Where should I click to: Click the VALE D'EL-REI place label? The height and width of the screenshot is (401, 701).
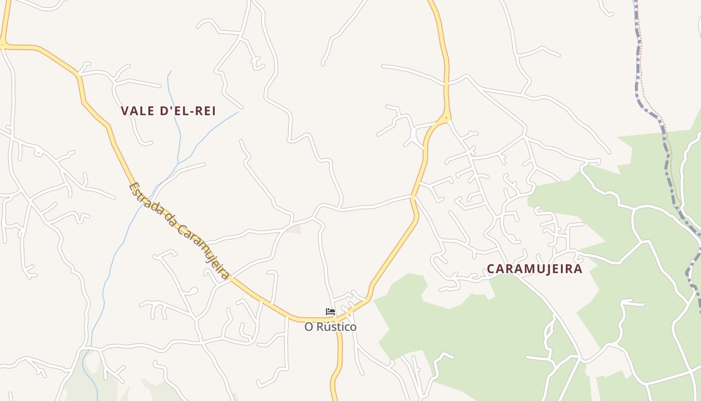[168, 111]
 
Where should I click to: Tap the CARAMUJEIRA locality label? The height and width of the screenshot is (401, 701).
[535, 269]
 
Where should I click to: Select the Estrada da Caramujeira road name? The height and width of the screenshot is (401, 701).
[179, 231]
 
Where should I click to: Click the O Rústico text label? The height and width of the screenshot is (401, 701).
[330, 327]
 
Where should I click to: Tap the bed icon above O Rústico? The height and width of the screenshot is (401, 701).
[330, 312]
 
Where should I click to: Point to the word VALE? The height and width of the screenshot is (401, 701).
[137, 111]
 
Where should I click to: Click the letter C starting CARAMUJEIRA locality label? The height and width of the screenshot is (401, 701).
[491, 269]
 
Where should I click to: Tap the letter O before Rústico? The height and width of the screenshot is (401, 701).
[309, 327]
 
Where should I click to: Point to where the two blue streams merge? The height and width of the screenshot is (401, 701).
[178, 163]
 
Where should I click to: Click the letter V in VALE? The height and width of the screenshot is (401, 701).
[125, 111]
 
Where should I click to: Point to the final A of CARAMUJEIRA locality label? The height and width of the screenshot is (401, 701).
[579, 269]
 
